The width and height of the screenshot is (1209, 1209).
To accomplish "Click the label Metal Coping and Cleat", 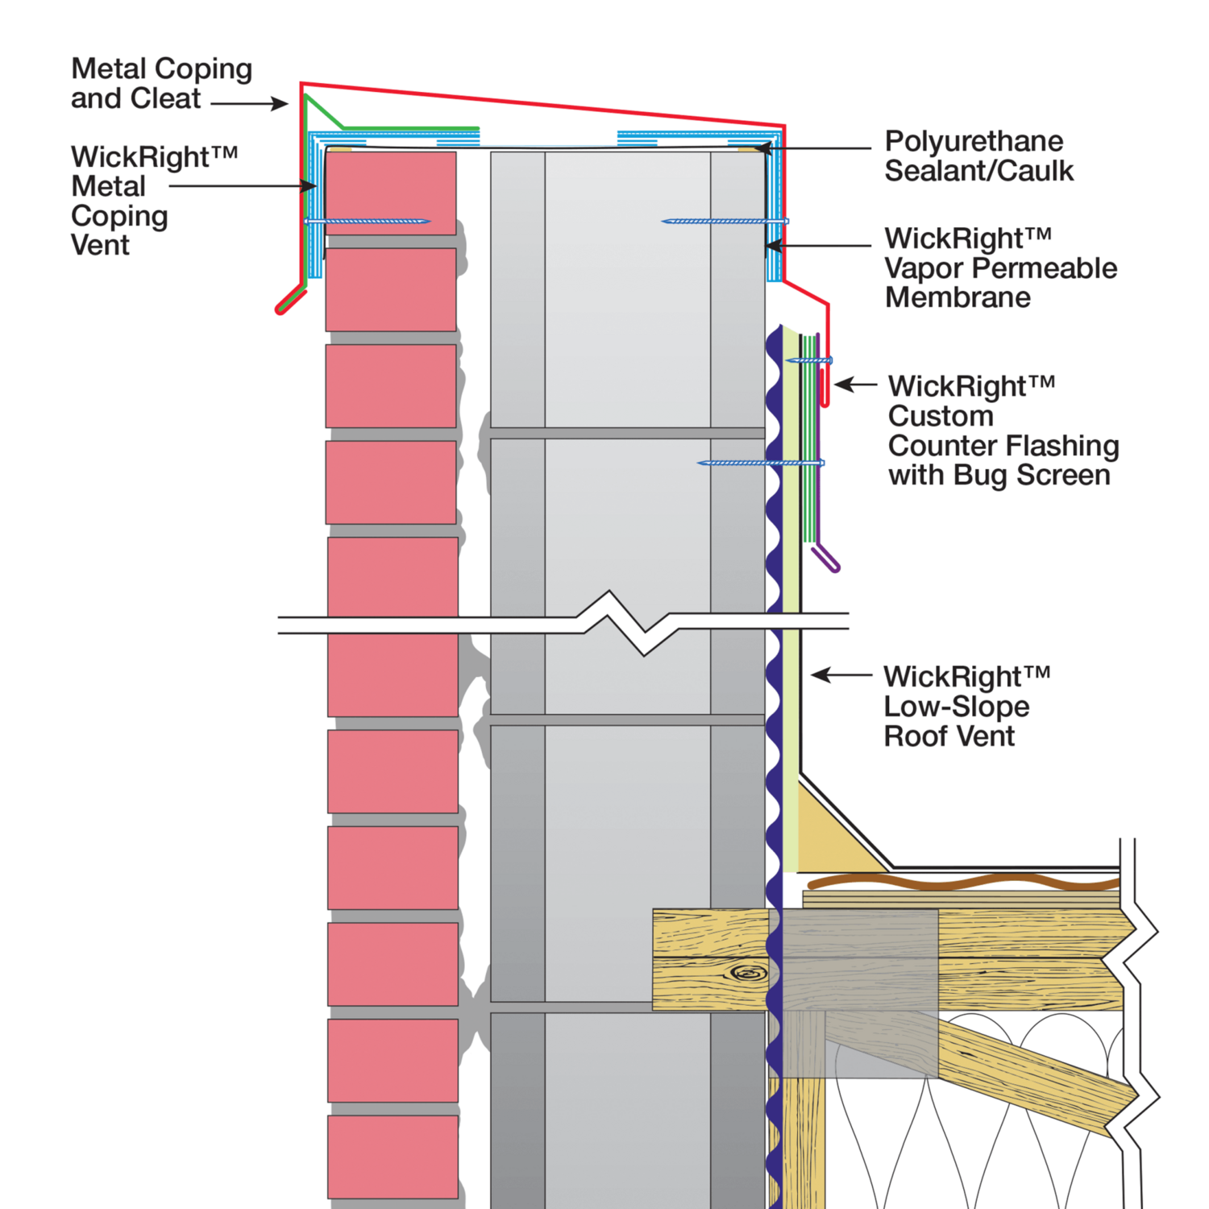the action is point(161,83).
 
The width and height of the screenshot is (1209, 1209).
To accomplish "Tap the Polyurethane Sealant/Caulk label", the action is point(979,156).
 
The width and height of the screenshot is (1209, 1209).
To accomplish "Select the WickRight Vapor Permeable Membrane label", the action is point(1001,268).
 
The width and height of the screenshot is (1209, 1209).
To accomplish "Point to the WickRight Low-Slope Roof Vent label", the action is point(967,706).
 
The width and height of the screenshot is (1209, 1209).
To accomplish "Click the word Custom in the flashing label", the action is point(941,416).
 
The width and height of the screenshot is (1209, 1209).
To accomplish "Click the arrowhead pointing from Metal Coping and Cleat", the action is point(280,103).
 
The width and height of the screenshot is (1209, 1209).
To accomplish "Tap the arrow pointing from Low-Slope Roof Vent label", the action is point(841,675).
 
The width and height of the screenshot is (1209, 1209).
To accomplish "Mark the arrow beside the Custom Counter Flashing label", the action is point(855,384).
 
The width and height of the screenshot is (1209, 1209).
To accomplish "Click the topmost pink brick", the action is point(391,193).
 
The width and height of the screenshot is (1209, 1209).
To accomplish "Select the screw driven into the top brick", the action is point(368,221).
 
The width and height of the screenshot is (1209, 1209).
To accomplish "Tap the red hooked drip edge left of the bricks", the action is point(290,301).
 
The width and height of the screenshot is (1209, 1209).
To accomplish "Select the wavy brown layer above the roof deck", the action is point(963,882).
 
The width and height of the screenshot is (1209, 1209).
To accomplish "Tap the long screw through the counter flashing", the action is point(761,463).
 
